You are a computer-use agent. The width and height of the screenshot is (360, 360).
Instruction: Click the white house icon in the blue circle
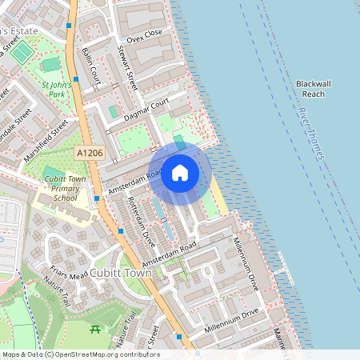[180, 173]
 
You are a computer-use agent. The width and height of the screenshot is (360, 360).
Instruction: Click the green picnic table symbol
[95, 330]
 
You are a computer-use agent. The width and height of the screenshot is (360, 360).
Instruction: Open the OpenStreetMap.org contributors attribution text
[107, 354]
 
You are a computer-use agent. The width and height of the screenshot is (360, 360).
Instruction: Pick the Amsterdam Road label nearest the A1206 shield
[126, 182]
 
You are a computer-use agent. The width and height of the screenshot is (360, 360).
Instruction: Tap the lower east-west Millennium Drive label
[232, 322]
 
